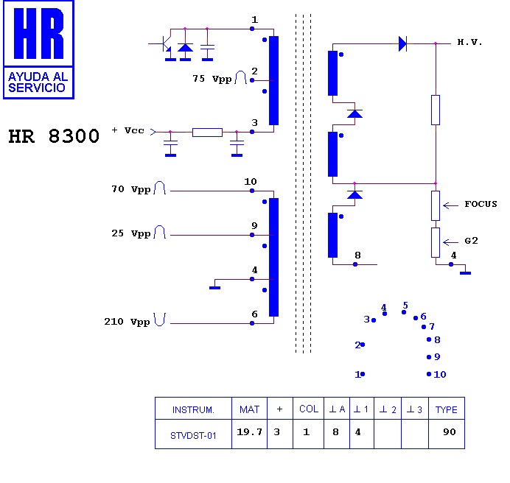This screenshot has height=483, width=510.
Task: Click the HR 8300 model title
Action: pos(54,137)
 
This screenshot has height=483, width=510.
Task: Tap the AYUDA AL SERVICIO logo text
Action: pos(38,82)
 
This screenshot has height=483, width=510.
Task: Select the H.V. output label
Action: pos(469,43)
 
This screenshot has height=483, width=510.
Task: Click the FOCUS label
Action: pos(481,204)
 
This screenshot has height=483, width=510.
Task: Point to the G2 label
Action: pos(472,241)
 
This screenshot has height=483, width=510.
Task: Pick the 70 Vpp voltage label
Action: pos(130,189)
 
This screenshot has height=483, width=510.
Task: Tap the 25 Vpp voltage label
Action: pos(130,233)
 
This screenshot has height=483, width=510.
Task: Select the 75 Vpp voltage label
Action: pos(211,78)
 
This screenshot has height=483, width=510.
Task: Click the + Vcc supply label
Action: pos(128,130)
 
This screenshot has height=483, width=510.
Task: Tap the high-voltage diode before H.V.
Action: pos(402,43)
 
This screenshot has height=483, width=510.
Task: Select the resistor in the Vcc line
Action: pos(207,133)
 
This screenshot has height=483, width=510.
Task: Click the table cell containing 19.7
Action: pos(250,432)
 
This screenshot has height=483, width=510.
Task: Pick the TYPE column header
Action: pos(446,409)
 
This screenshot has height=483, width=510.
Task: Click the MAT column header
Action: pos(249,409)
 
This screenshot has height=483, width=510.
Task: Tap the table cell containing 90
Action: pos(449,432)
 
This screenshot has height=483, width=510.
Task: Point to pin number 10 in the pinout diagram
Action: pos(440,374)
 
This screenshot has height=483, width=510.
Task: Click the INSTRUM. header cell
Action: pos(192,409)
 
